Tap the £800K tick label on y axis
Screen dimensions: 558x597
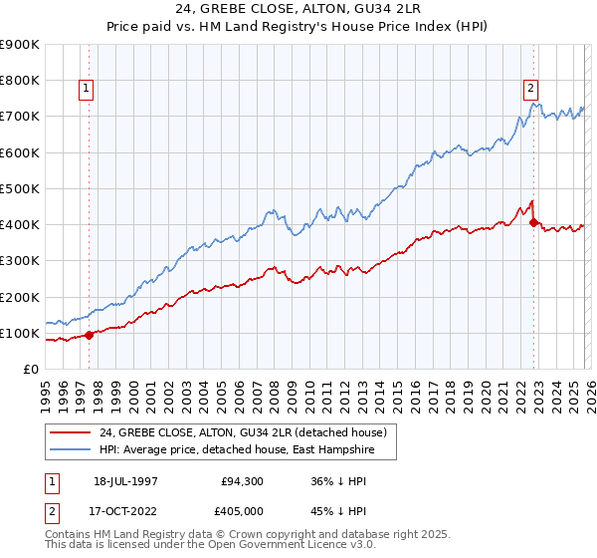tap(20, 81)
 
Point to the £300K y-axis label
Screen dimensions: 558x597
tap(20, 261)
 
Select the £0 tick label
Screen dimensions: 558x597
tap(31, 370)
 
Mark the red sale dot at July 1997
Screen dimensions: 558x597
tap(90, 335)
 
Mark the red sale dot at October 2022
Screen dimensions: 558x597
tap(534, 223)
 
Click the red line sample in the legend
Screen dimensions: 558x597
tap(71, 432)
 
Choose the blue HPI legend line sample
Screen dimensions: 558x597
tap(71, 450)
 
